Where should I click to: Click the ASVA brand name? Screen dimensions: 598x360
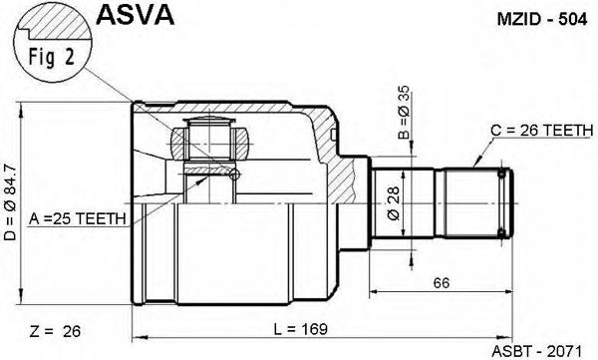point(135,15)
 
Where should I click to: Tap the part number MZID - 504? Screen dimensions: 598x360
point(542,20)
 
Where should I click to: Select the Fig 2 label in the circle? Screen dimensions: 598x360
point(52,57)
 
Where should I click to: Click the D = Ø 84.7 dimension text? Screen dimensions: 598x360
point(11,202)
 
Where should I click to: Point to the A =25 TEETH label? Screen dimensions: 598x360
point(77,218)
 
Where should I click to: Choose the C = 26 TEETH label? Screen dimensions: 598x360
point(541,131)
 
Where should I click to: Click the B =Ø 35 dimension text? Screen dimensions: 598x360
point(404,112)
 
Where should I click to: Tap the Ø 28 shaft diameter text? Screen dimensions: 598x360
point(394,203)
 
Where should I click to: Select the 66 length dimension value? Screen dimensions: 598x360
point(442,283)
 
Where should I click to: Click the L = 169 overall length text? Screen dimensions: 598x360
point(301,329)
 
